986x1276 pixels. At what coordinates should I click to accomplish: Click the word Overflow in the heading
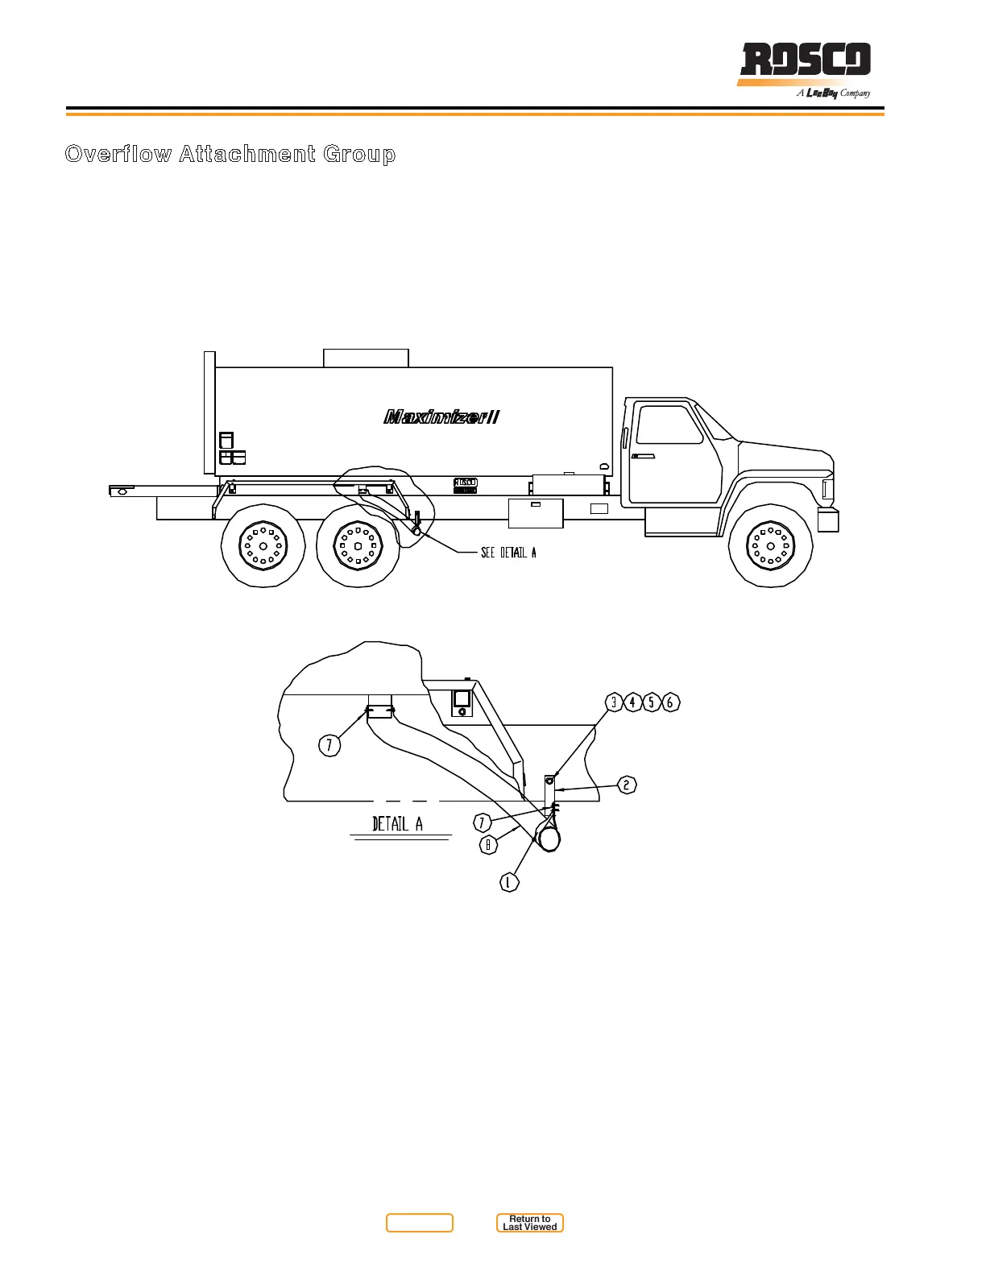(118, 154)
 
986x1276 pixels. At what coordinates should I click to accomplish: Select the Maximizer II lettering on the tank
(441, 416)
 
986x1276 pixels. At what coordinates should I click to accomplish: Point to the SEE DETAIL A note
(508, 553)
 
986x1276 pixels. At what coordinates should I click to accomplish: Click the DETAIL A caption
(397, 824)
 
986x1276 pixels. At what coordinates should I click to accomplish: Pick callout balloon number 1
(508, 883)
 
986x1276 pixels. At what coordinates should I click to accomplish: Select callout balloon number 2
(627, 785)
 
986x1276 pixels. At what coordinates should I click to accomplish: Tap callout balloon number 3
(614, 702)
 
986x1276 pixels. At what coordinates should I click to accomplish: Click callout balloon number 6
(670, 702)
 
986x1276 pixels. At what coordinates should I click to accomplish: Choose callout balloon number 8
(487, 845)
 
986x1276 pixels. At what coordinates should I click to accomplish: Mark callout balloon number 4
(632, 702)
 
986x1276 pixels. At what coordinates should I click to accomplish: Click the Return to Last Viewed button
(530, 1223)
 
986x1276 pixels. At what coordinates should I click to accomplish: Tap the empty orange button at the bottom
(419, 1223)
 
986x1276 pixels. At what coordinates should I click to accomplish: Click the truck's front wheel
(771, 545)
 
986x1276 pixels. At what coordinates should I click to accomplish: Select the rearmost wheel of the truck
(263, 545)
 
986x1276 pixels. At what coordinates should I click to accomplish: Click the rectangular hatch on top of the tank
(366, 358)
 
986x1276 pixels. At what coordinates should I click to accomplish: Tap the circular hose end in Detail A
(549, 839)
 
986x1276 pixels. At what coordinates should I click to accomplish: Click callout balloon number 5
(651, 702)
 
